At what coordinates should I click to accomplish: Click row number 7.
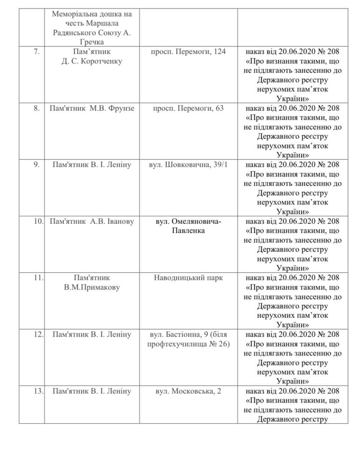36,51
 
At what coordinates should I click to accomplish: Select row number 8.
36,108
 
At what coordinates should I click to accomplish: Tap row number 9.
36,165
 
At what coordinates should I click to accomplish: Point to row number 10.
39,222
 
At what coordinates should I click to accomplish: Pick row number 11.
38,278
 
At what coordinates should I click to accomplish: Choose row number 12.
39,335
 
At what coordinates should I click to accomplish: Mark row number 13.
39,391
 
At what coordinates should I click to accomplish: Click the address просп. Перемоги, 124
188,52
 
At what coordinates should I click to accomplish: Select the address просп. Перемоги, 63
188,108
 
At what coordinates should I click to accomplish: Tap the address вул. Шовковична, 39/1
188,165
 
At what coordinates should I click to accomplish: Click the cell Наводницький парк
188,278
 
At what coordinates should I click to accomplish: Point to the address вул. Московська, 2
188,391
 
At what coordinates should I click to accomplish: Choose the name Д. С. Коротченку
92,61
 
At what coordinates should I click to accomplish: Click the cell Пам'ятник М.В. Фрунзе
92,108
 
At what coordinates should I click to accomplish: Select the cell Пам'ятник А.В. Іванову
92,222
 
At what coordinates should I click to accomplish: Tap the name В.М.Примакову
92,287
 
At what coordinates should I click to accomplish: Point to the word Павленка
188,231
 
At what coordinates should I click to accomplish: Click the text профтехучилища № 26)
188,344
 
